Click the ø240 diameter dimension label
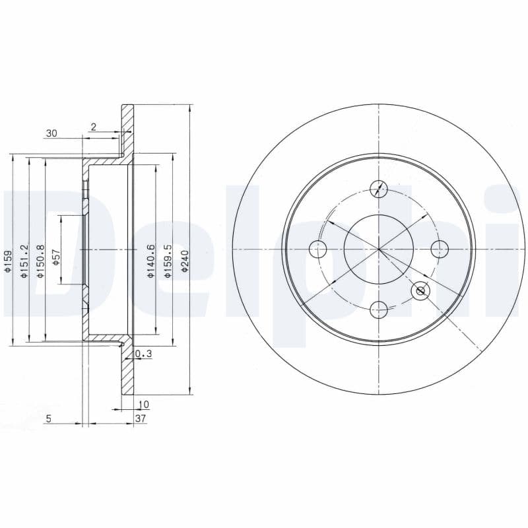coord(184,261)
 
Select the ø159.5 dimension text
coord(168,261)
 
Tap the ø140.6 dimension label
coord(151,261)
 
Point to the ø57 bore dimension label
coord(57,257)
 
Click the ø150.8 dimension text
coord(41,261)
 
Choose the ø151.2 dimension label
coord(24,261)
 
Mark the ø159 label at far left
coord(7,261)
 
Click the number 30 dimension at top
coord(51,134)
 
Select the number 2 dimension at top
coord(94,127)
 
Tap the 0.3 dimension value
coord(144,354)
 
